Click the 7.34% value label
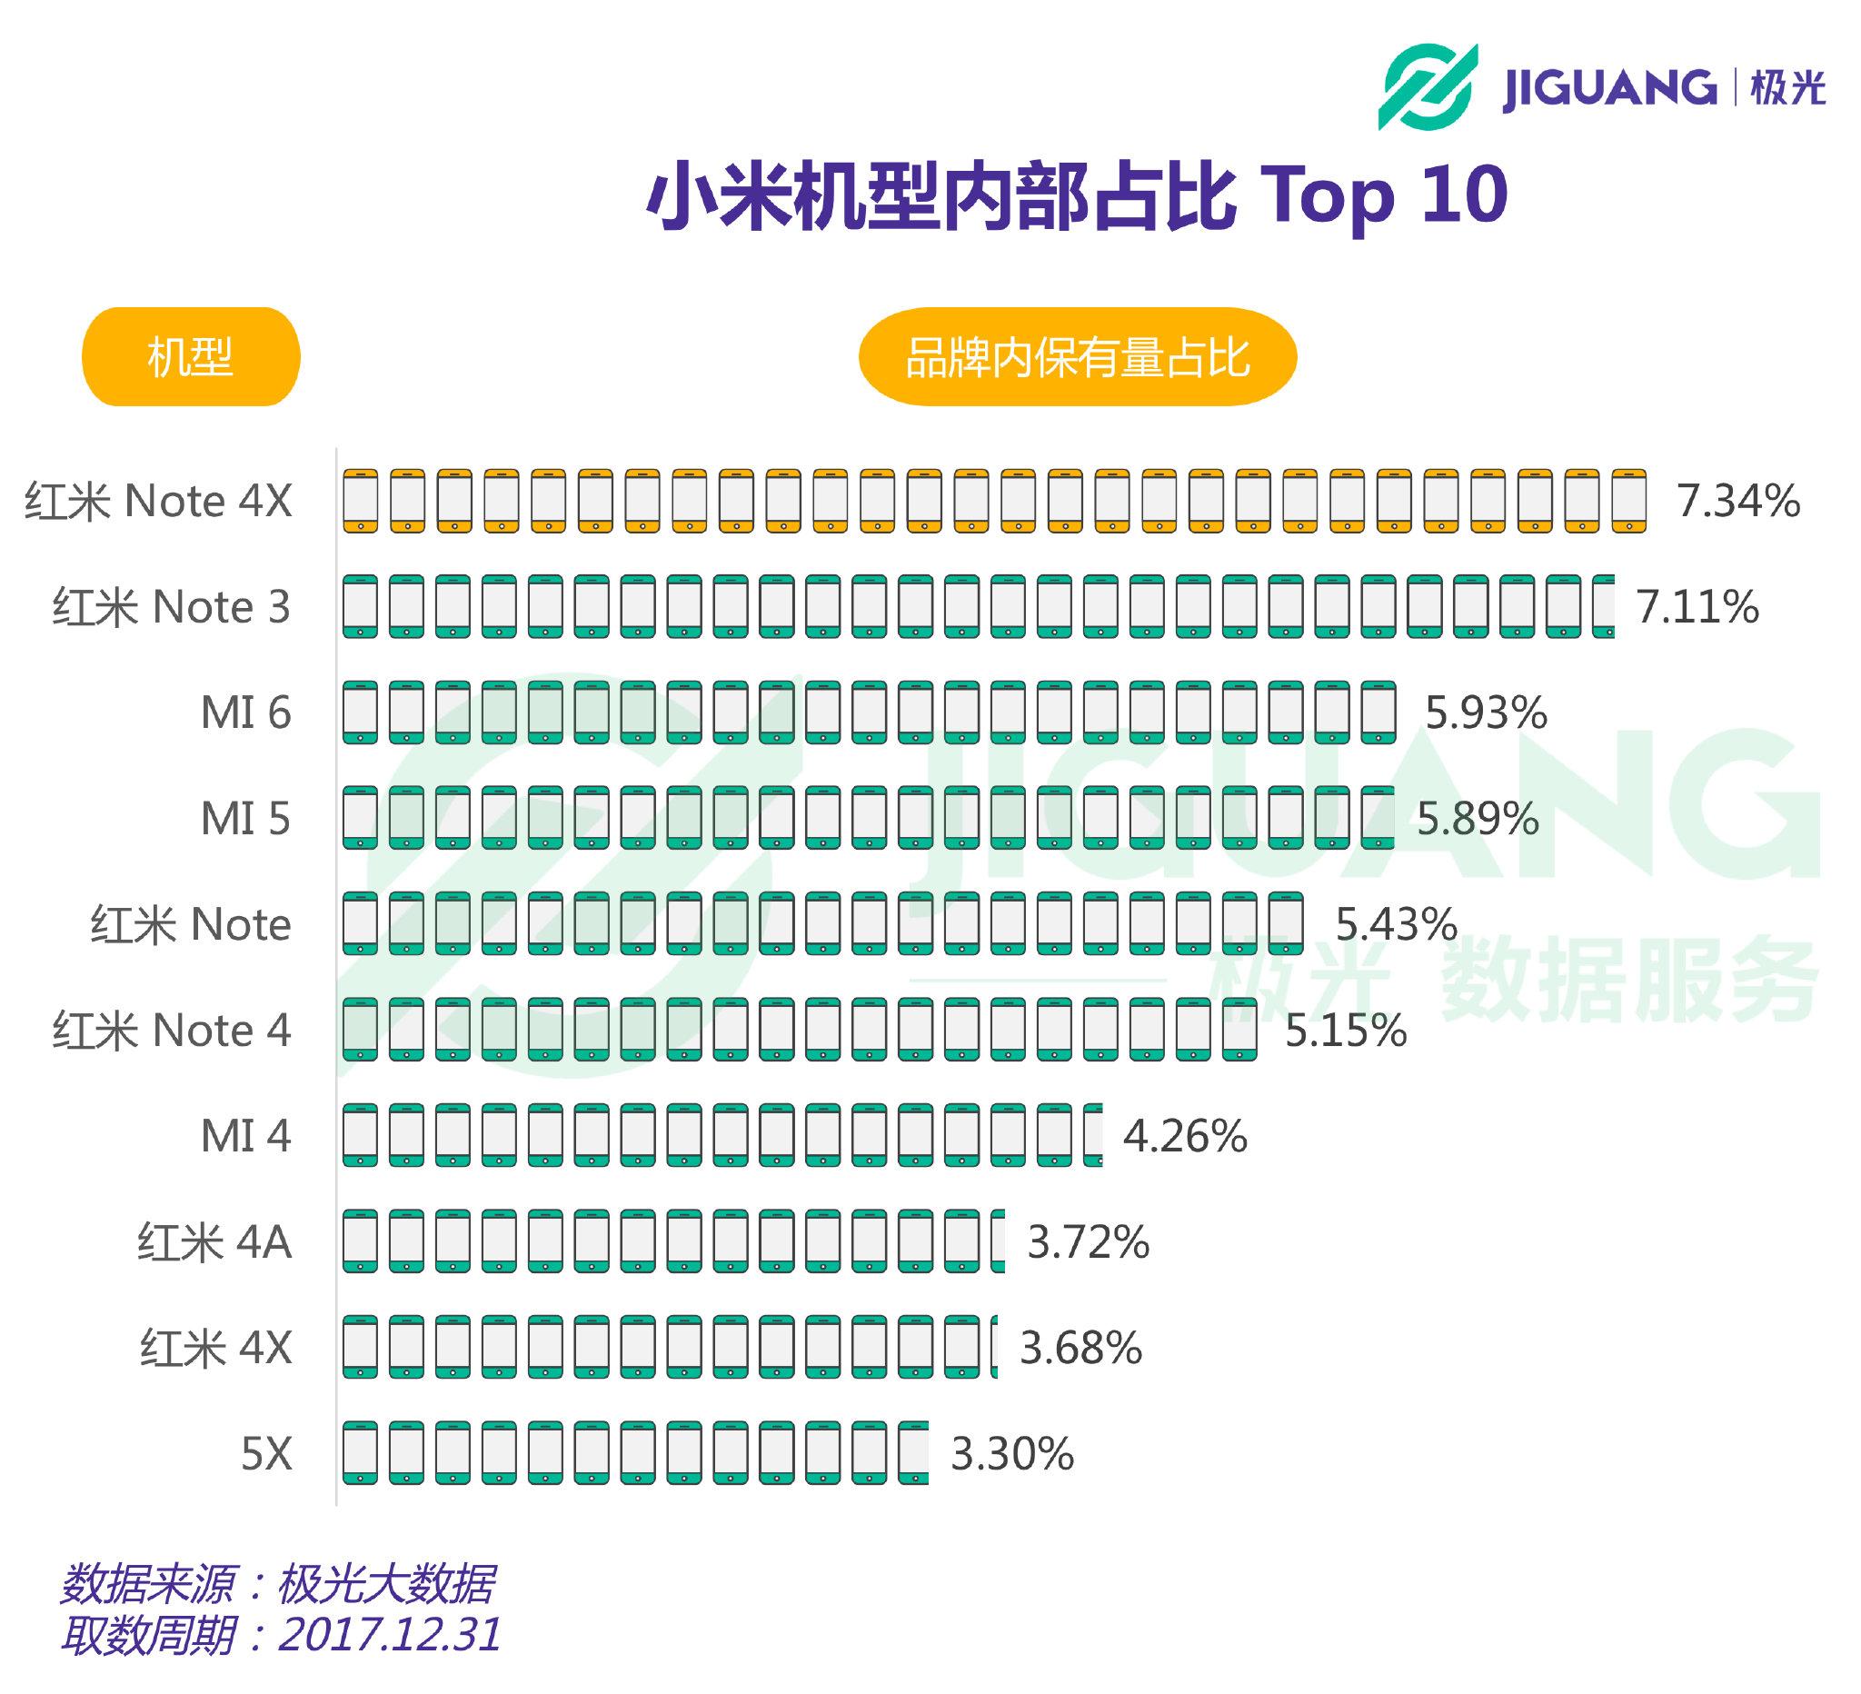(1737, 502)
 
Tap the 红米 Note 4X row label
(159, 502)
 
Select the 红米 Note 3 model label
(172, 607)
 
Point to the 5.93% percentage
(1486, 712)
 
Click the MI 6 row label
(245, 712)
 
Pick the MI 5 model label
(245, 819)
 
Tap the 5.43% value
(1396, 924)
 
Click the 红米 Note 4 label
(172, 1031)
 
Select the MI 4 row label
(245, 1135)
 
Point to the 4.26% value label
(1184, 1135)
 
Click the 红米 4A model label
(214, 1241)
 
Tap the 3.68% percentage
(1080, 1348)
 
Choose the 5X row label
(266, 1454)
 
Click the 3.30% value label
(1011, 1454)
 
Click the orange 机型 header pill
(191, 356)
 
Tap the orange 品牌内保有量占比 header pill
(1078, 356)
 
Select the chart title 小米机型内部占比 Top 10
(1077, 194)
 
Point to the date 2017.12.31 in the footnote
(390, 1635)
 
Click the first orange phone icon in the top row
(360, 501)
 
